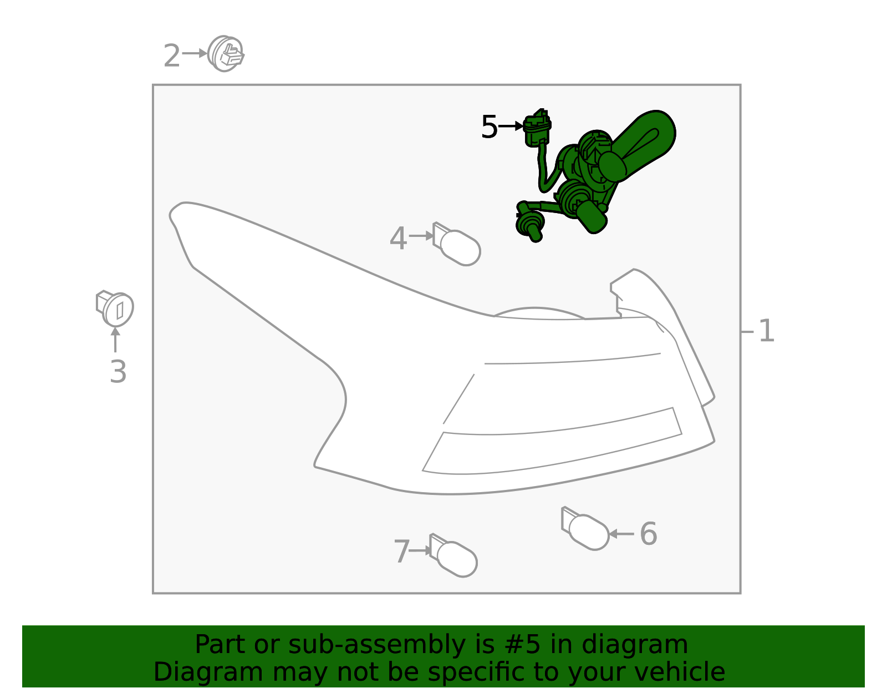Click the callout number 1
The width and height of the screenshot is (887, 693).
click(x=766, y=331)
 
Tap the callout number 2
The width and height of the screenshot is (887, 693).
click(x=171, y=57)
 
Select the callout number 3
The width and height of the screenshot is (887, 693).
click(x=118, y=372)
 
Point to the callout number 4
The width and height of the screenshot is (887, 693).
click(x=398, y=239)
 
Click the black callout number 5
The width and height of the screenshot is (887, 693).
click(x=489, y=128)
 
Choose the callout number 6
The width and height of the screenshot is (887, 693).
click(x=648, y=534)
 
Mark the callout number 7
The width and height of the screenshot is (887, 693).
click(x=401, y=552)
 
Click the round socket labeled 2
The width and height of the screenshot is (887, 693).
click(x=226, y=54)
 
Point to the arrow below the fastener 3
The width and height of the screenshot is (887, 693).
click(x=115, y=340)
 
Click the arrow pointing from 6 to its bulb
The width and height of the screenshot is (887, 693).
click(x=621, y=534)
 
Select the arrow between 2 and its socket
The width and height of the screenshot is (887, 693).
click(x=194, y=54)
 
